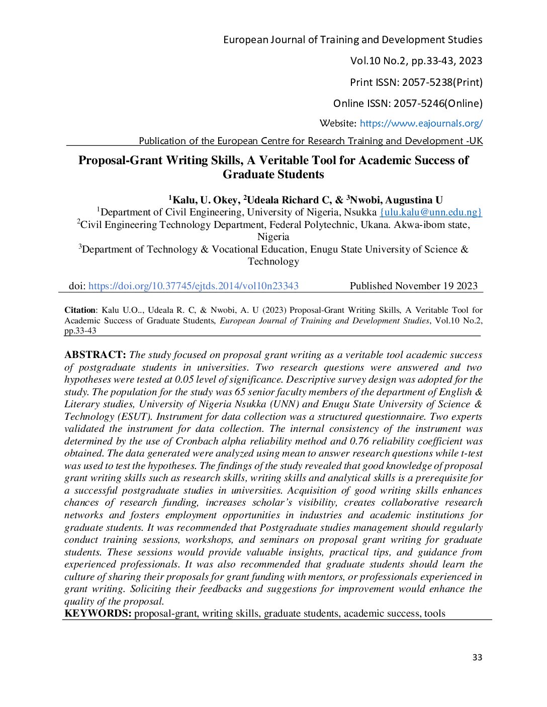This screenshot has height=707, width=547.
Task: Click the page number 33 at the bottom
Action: click(x=477, y=658)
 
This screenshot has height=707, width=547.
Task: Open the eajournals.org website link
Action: click(x=421, y=124)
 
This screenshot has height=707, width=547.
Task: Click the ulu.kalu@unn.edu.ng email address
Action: click(x=431, y=212)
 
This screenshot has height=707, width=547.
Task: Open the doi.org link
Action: click(x=194, y=286)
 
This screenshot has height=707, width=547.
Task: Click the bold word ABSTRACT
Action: click(x=95, y=355)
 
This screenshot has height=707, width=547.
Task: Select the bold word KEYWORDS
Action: click(x=98, y=614)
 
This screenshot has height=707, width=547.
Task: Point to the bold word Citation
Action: click(x=80, y=310)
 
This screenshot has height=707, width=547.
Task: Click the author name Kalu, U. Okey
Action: click(x=206, y=200)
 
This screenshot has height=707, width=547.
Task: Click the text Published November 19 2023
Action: click(x=414, y=286)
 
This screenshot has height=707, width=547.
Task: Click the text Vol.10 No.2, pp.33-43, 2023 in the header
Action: click(x=416, y=61)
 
